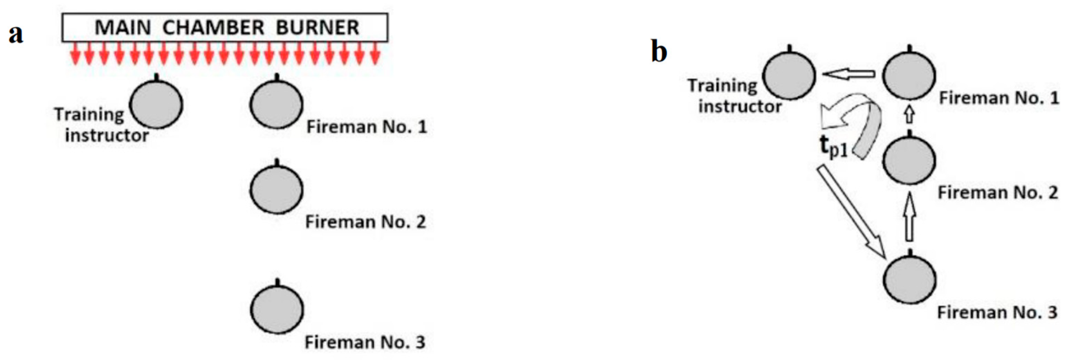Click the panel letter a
pyautogui.click(x=16, y=34)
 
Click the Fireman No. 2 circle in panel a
pyautogui.click(x=276, y=189)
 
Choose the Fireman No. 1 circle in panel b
pyautogui.click(x=909, y=76)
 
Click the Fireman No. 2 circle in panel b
pyautogui.click(x=909, y=160)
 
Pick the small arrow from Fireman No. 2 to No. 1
pyautogui.click(x=909, y=115)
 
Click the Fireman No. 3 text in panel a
pyautogui.click(x=365, y=343)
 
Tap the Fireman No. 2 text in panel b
pyautogui.click(x=997, y=193)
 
